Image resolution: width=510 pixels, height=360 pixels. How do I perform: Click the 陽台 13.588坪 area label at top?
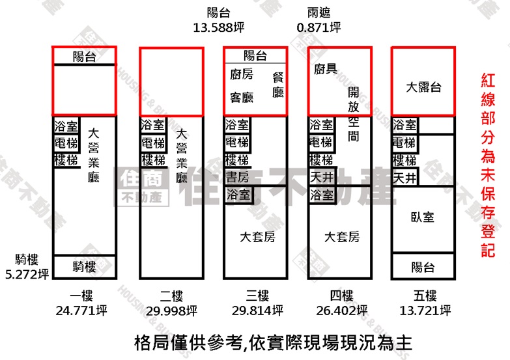click(219, 20)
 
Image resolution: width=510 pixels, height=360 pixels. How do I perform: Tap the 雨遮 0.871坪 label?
click(319, 20)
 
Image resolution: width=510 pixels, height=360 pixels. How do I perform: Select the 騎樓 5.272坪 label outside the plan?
click(27, 267)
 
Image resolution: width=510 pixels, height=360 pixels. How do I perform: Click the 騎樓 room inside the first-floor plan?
click(84, 267)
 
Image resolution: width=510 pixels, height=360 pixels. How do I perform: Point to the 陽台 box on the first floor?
click(84, 56)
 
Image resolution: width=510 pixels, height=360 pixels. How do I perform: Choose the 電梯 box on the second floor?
click(153, 143)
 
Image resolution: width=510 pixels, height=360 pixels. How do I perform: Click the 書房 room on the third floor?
click(238, 177)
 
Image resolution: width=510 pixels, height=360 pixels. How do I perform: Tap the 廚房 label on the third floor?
click(242, 74)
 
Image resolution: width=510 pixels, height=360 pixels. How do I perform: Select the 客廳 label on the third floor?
click(242, 97)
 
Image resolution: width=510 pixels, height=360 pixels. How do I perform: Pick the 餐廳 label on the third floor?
click(278, 85)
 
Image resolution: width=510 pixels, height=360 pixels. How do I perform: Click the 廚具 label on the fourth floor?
click(326, 68)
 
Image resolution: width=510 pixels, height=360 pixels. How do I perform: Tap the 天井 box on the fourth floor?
click(322, 177)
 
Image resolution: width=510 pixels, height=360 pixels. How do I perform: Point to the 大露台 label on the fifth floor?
click(423, 87)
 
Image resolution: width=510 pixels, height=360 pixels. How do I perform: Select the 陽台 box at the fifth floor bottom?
click(423, 266)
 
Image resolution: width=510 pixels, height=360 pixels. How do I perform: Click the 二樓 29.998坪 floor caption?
click(172, 303)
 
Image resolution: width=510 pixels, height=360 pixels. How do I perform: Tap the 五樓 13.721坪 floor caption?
click(425, 303)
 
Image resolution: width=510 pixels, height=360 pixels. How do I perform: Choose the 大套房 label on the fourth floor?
click(342, 237)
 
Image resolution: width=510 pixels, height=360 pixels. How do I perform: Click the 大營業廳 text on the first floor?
click(94, 155)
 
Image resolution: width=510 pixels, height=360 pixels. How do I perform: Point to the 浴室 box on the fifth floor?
click(405, 125)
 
